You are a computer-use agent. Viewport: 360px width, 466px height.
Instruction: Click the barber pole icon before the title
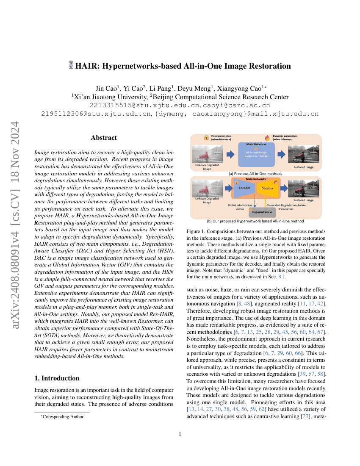click(71, 66)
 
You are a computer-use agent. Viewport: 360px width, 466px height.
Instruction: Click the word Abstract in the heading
click(104, 137)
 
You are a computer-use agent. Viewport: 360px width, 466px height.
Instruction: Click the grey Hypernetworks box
click(262, 211)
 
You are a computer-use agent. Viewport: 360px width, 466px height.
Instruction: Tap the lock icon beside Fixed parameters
click(206, 138)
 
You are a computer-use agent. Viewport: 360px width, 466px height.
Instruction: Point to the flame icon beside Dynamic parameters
click(267, 138)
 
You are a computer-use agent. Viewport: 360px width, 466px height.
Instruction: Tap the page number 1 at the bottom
click(180, 434)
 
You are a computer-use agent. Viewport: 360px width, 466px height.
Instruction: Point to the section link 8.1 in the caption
click(281, 277)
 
